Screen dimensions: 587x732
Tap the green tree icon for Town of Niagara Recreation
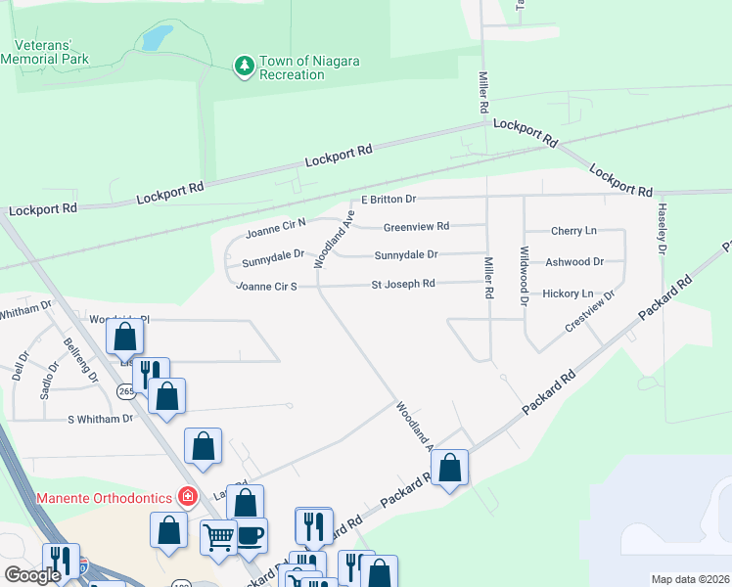(243, 67)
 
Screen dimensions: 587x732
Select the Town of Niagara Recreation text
(309, 68)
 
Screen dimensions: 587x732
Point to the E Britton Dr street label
(389, 200)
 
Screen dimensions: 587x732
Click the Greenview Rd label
(416, 226)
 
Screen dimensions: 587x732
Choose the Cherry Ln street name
(573, 231)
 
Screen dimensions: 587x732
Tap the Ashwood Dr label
(574, 262)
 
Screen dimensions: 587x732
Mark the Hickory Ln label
(568, 293)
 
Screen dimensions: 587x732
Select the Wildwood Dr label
(524, 276)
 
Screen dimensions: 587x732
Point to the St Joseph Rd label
(402, 285)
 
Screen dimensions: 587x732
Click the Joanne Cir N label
(275, 227)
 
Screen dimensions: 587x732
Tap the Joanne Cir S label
(266, 287)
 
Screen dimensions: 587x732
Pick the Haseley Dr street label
(663, 236)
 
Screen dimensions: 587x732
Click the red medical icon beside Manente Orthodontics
(186, 497)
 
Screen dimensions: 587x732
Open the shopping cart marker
(218, 534)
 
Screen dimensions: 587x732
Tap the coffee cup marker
(251, 534)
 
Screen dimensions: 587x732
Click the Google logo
(33, 574)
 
